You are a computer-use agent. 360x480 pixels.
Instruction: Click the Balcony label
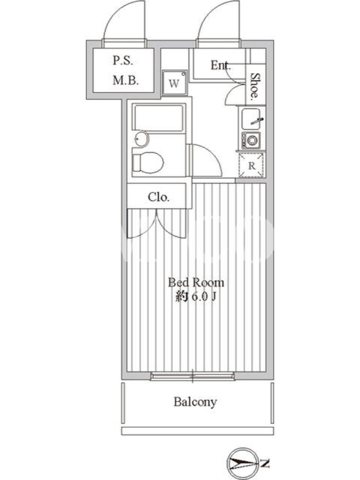tap(196, 401)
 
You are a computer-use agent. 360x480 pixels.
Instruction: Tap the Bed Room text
tap(196, 282)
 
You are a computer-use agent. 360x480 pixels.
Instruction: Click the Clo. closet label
tap(158, 197)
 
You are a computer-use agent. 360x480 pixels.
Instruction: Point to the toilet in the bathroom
tap(148, 163)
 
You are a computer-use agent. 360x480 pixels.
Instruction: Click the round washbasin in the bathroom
tap(141, 139)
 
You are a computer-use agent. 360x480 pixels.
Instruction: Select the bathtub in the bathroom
tap(159, 118)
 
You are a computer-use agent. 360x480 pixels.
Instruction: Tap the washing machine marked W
tap(175, 83)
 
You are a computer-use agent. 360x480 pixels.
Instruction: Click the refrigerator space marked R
tap(251, 166)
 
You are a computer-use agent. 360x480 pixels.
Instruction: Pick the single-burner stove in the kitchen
tap(251, 141)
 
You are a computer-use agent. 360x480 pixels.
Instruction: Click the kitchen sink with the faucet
tap(251, 119)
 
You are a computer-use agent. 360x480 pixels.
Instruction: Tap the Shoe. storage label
tap(254, 86)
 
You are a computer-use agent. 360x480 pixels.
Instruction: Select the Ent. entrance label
tap(220, 65)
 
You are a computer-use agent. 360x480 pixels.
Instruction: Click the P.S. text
tap(123, 61)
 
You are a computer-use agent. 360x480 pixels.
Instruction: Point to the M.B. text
tap(126, 80)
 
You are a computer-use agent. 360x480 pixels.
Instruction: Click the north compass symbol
tap(242, 463)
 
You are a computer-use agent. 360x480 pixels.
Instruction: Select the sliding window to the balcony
tap(193, 376)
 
